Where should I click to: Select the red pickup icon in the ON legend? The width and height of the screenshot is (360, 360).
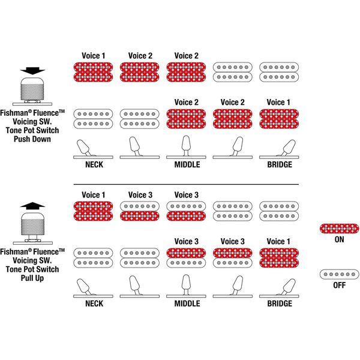(x=340, y=229)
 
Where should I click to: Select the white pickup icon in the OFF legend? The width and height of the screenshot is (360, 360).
(x=340, y=274)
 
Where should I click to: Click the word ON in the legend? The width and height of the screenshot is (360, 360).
(x=340, y=239)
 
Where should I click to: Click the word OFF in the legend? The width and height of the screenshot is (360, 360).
(x=340, y=285)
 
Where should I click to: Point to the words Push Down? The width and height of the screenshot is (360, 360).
(x=32, y=139)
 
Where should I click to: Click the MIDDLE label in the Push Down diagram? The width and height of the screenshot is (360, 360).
(x=187, y=164)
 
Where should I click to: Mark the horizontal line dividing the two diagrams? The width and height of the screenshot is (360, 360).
(x=186, y=184)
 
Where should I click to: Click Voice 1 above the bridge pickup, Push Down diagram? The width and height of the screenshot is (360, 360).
(x=276, y=103)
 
